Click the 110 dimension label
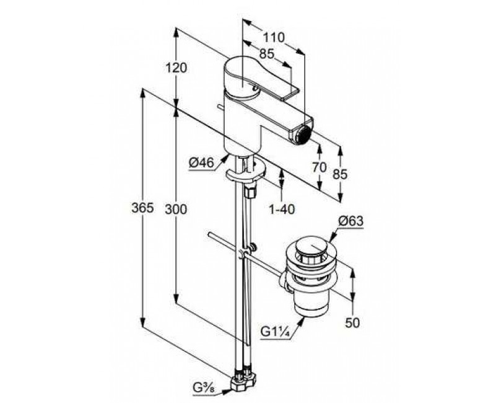point(274,38)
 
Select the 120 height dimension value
point(176,68)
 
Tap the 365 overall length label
point(142,208)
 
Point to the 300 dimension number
point(176,210)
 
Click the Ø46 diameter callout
point(201,163)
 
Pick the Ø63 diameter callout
point(351,221)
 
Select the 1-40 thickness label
point(282,210)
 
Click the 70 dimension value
point(319,167)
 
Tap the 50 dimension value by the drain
point(352,323)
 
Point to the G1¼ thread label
point(276,332)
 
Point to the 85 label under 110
point(267,55)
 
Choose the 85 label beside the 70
point(340,174)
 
